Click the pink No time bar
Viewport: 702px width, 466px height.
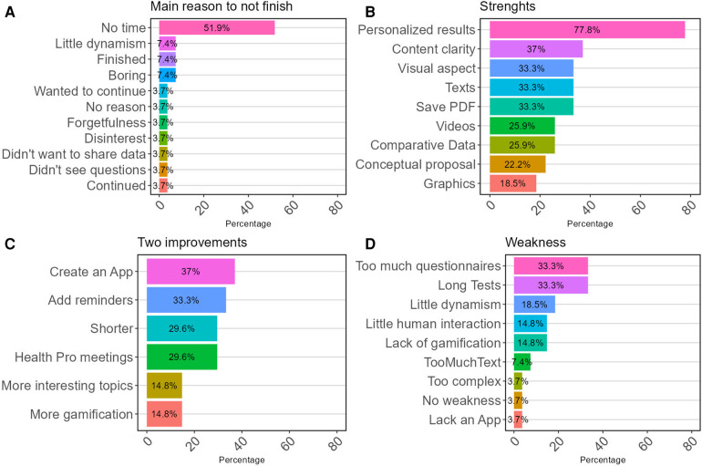[x=217, y=27]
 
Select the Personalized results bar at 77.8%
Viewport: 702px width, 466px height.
[x=587, y=29]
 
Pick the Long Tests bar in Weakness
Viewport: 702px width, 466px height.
[x=551, y=285]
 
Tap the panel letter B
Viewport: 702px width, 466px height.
[x=370, y=10]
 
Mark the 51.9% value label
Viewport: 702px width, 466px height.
[x=217, y=27]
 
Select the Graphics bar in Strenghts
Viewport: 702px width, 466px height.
[x=512, y=183]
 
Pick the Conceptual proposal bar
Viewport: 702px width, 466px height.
[x=517, y=164]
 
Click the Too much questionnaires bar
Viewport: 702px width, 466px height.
[x=551, y=266]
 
